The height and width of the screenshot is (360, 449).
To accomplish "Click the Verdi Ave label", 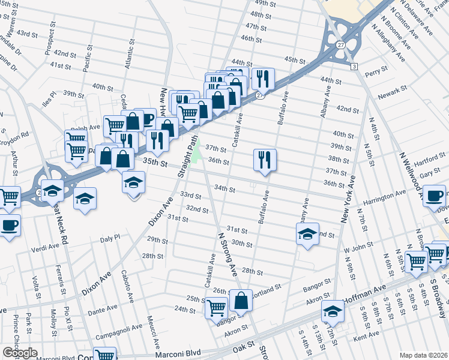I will (x=46, y=246).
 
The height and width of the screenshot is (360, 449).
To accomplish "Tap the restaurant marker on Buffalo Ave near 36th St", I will (x=265, y=160).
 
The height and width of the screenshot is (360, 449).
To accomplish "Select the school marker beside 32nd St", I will (x=307, y=233).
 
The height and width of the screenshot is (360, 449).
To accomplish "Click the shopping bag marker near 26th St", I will (x=241, y=300).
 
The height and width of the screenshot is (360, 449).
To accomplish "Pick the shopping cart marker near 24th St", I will (x=217, y=308).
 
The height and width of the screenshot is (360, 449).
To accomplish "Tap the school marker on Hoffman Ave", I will (x=332, y=311).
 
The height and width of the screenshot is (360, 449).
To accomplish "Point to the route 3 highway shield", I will (x=354, y=65).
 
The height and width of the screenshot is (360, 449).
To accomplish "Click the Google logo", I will (x=20, y=353).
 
